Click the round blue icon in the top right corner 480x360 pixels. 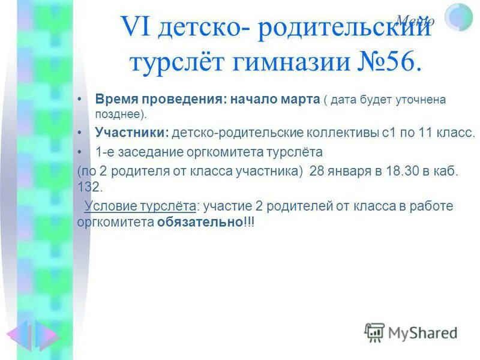pyautogui.click(x=459, y=17)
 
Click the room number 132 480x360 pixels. pyautogui.click(x=88, y=186)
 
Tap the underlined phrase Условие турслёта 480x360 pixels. pyautogui.click(x=140, y=206)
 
